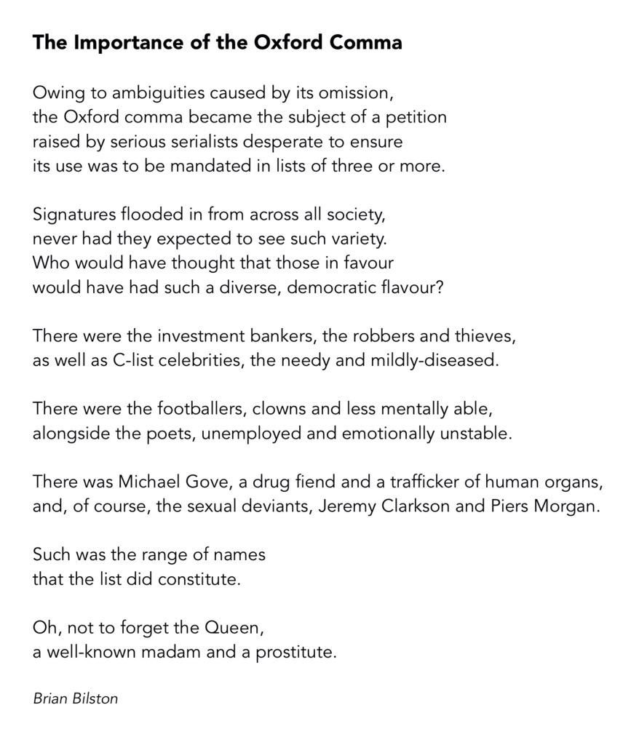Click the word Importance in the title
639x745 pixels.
coord(115,43)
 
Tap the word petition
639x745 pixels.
coord(417,117)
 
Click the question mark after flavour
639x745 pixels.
coord(439,287)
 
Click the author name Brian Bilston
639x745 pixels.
coord(75,698)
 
